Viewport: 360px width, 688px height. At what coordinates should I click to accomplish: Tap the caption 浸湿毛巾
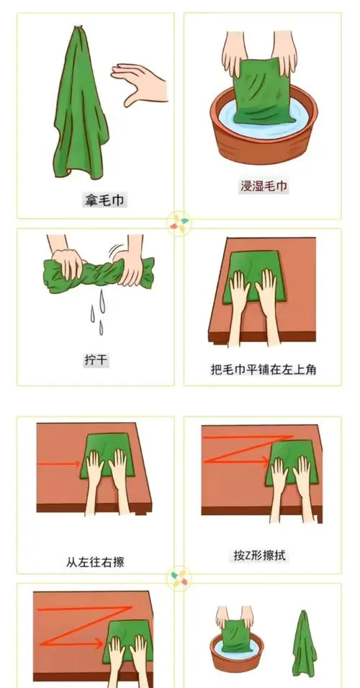264,186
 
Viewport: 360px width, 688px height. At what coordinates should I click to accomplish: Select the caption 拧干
96,361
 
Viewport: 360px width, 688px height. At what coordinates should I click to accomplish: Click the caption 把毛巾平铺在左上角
263,370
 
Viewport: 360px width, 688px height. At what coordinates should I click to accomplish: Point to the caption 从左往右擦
95,562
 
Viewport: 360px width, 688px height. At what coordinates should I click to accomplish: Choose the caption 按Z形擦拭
260,555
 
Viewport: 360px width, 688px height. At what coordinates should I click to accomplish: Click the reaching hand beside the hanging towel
139,84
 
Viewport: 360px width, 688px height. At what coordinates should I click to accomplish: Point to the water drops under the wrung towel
99,311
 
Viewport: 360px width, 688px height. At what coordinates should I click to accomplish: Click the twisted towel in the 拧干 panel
99,273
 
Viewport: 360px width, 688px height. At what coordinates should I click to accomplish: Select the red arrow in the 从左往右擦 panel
58,464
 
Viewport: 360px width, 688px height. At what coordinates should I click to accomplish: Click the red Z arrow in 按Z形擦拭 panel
248,448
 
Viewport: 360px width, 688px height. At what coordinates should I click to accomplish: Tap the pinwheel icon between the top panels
179,223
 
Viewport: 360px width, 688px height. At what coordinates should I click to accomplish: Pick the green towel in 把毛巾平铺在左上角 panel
254,277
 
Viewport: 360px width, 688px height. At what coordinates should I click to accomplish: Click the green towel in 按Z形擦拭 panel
292,463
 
